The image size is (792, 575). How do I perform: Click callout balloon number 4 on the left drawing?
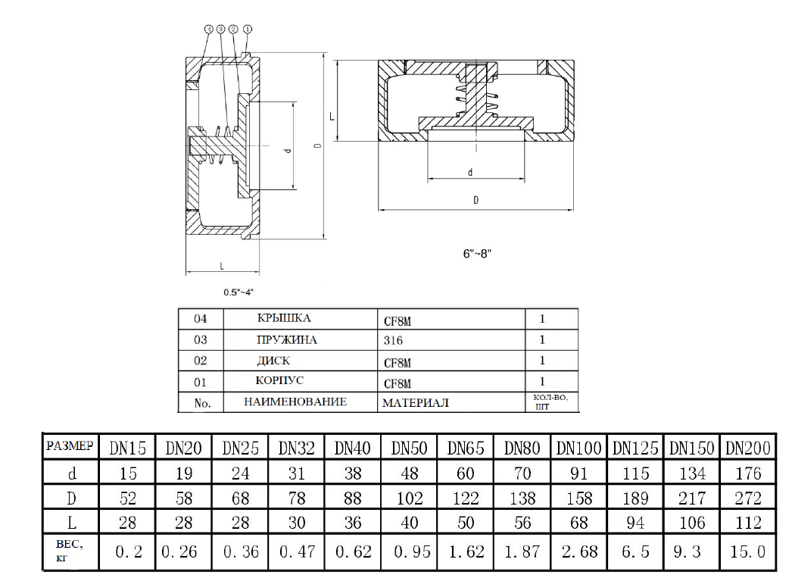(207, 29)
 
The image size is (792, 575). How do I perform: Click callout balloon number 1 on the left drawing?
(248, 29)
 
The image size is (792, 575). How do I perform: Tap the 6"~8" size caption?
(478, 254)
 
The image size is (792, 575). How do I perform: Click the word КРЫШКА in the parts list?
(285, 318)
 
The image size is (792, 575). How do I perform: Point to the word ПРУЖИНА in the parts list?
(287, 340)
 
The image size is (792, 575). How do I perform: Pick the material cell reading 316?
(394, 341)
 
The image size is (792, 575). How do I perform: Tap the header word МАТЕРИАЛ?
(415, 402)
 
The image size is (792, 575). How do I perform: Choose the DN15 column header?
(126, 447)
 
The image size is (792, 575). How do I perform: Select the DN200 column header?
(747, 447)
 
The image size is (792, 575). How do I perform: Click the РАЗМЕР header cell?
(70, 446)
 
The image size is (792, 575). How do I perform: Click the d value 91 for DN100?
(578, 473)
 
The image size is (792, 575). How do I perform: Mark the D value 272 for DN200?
(747, 498)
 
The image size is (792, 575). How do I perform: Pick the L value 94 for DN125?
(635, 523)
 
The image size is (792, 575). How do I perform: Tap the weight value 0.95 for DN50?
(409, 552)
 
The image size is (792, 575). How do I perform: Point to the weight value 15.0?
(747, 552)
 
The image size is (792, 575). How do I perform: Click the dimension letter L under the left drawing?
(221, 265)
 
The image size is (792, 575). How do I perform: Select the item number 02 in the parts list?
(201, 361)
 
